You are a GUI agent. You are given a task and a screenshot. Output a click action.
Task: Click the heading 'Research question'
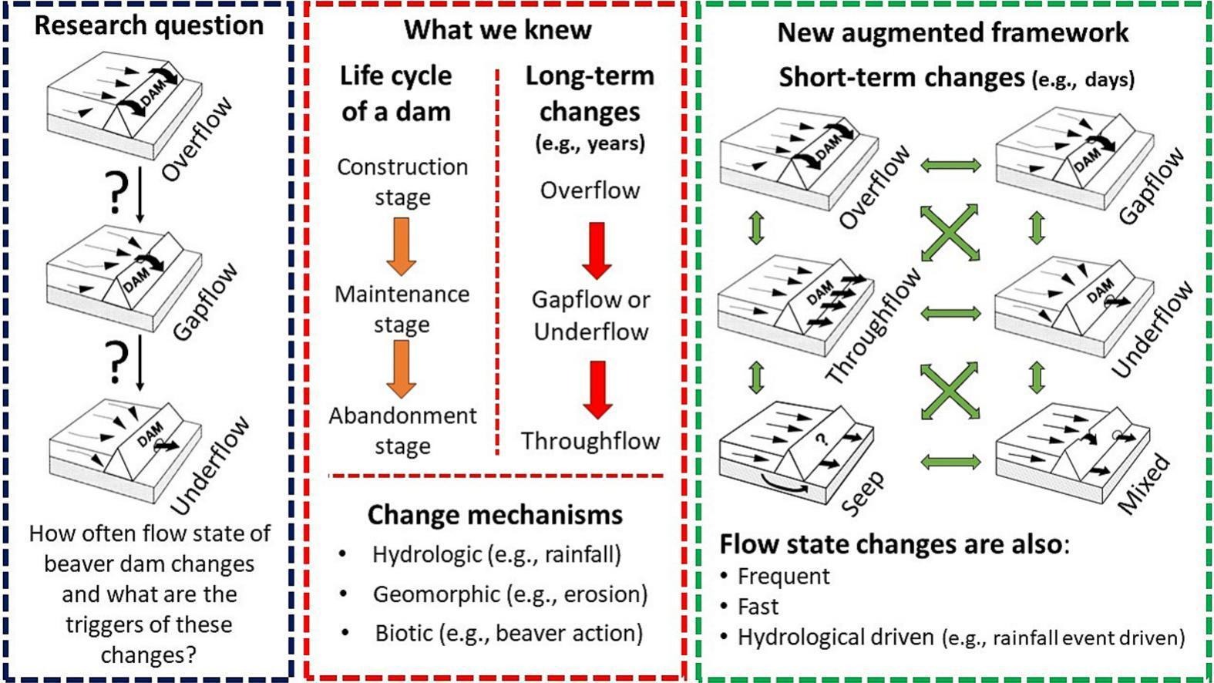click(149, 25)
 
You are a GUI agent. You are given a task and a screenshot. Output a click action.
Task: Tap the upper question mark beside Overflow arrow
click(116, 192)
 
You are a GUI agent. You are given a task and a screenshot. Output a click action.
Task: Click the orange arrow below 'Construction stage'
click(401, 245)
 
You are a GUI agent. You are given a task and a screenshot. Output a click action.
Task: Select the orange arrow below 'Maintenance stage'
click(401, 368)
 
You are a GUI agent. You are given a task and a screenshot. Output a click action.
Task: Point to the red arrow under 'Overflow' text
click(597, 249)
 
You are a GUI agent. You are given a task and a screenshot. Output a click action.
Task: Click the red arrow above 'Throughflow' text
click(597, 389)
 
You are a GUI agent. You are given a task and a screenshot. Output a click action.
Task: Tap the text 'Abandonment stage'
click(402, 430)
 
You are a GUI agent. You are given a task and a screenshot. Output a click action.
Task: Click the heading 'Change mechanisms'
click(494, 514)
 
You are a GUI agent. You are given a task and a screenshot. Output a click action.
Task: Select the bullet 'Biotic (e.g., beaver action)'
click(508, 633)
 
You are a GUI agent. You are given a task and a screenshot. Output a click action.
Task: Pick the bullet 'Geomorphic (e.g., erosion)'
click(509, 594)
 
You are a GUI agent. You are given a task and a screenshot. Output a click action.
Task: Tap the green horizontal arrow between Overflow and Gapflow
click(950, 165)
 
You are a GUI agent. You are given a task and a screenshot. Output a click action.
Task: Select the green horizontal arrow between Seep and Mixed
click(950, 462)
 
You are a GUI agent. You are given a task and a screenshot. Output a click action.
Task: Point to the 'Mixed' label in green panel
click(1145, 484)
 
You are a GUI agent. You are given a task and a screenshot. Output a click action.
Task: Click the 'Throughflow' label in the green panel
click(874, 327)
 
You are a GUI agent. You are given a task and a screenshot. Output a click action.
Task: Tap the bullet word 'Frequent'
click(783, 576)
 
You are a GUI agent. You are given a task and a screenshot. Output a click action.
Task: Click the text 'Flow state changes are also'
click(890, 543)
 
